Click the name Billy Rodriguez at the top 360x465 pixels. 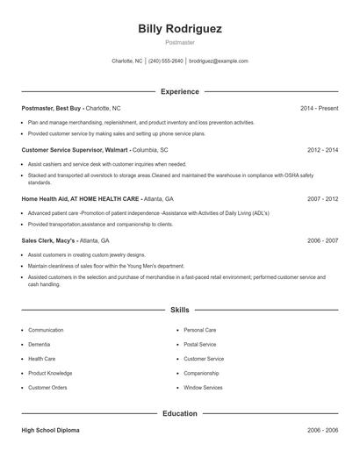[180, 29]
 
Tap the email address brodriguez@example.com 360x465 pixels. [219, 61]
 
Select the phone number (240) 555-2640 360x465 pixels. [166, 61]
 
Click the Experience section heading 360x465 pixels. [180, 91]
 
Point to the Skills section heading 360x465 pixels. [180, 310]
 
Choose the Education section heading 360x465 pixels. [180, 412]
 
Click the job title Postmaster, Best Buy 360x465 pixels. [53, 108]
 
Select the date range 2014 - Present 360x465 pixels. [319, 108]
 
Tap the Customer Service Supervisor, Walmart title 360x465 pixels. [76, 150]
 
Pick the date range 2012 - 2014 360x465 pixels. [322, 150]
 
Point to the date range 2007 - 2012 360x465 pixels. [322, 199]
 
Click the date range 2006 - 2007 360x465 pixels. [322, 240]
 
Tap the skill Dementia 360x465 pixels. [40, 345]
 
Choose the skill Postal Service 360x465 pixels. [199, 345]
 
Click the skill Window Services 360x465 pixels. [203, 387]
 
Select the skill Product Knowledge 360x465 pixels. [50, 373]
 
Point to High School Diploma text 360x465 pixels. [52, 431]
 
